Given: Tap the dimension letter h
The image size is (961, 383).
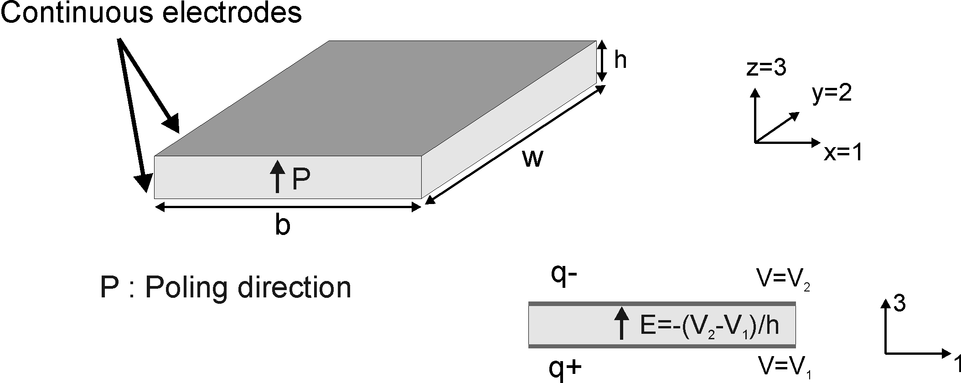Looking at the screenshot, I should click(x=620, y=60).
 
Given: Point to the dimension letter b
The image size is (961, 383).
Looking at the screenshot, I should click(x=283, y=225).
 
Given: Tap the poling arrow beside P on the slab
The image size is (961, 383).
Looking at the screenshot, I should click(x=277, y=176).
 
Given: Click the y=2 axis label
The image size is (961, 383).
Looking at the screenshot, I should click(x=832, y=94).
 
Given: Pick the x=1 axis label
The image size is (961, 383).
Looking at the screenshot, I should click(x=843, y=153).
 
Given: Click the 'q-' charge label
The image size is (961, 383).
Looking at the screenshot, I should click(x=564, y=274).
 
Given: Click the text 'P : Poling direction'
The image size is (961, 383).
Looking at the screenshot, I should click(x=226, y=288).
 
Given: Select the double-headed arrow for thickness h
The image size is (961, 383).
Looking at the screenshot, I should click(x=602, y=61).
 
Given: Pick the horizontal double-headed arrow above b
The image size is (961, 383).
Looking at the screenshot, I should click(x=288, y=208).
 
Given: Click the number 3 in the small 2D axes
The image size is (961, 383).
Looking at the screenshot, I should click(x=899, y=303).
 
